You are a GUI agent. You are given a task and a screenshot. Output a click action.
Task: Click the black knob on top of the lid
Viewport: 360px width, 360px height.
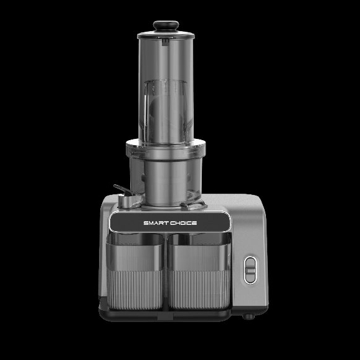coord(166,26)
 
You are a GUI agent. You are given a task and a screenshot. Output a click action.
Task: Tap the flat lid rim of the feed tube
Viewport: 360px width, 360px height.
coord(166,35)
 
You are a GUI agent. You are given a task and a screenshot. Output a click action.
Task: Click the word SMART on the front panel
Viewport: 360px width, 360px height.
coord(156,223)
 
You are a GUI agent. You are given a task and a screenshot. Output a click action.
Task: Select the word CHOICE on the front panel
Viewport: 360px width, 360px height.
coord(184,223)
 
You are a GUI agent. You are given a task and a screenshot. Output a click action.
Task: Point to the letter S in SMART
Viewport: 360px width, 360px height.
coord(146,223)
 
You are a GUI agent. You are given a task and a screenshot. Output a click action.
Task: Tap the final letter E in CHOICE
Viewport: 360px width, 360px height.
coord(194,223)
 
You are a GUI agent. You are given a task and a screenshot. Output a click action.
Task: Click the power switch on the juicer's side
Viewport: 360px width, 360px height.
coord(250,270)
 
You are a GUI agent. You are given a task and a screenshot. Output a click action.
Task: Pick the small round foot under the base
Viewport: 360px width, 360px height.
coord(249,316)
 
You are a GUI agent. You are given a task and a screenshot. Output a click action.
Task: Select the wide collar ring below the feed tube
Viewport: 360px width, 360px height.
coord(166,149)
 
